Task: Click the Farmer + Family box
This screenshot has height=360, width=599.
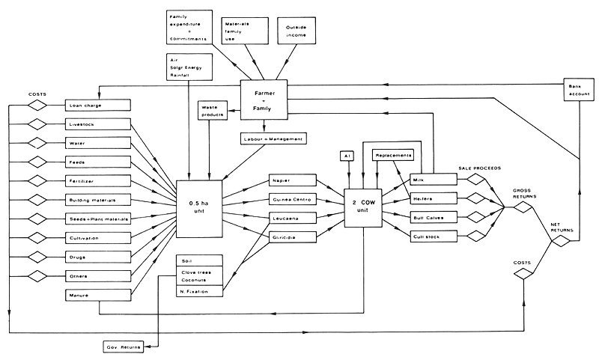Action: (264, 102)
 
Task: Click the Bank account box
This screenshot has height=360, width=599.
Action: (577, 91)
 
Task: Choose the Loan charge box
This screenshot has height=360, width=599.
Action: (98, 106)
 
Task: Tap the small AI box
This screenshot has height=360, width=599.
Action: (346, 156)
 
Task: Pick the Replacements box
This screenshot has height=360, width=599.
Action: (394, 155)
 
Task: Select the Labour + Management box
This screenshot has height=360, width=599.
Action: (273, 138)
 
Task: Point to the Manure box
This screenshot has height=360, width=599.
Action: (98, 296)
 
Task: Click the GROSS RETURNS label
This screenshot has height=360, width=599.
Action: (522, 194)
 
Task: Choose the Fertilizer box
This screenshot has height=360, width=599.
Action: (98, 181)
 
